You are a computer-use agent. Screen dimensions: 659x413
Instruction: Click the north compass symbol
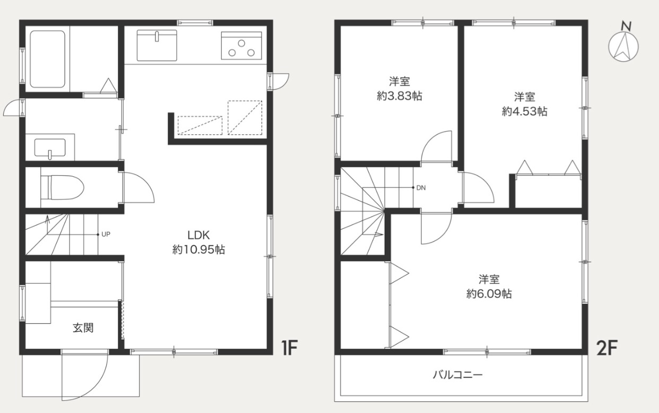pyautogui.click(x=623, y=47)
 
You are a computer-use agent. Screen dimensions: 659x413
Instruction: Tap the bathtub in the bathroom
pyautogui.click(x=47, y=59)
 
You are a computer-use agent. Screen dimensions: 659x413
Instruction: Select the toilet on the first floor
pyautogui.click(x=62, y=187)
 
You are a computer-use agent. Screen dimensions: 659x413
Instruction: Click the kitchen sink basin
pyautogui.click(x=157, y=45)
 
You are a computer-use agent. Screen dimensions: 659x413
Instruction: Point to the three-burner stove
pyautogui.click(x=241, y=46)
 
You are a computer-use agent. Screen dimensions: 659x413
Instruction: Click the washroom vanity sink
pyautogui.click(x=50, y=148)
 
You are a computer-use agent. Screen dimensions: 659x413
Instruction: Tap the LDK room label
pyautogui.click(x=198, y=235)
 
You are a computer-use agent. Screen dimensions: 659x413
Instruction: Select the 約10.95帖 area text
pyautogui.click(x=198, y=250)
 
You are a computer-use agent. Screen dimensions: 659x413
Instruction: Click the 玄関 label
pyautogui.click(x=83, y=328)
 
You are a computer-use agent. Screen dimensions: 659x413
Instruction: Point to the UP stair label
pyautogui.click(x=106, y=235)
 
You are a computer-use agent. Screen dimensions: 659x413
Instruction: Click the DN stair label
pyautogui.click(x=421, y=188)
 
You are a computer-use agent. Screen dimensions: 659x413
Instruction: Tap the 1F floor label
pyautogui.click(x=290, y=348)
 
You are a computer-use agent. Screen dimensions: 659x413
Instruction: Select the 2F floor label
pyautogui.click(x=606, y=348)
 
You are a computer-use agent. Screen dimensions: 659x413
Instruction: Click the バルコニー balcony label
pyautogui.click(x=458, y=375)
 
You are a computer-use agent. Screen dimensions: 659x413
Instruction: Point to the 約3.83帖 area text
pyautogui.click(x=400, y=96)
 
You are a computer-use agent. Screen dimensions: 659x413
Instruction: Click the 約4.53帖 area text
pyautogui.click(x=525, y=111)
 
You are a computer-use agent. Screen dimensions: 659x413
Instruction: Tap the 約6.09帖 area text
pyautogui.click(x=489, y=294)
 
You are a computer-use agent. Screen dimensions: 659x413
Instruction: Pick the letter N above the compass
pyautogui.click(x=626, y=27)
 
